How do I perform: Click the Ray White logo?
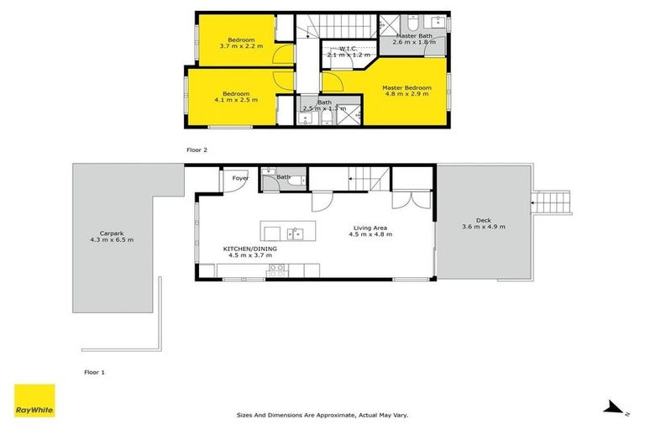pos(34,401)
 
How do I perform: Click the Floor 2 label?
pos(197,149)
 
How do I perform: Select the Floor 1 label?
pos(94,371)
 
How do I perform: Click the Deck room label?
pos(484,220)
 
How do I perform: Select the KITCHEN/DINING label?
pos(250,249)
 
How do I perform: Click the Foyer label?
pos(240,178)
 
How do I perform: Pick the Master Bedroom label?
pos(406,87)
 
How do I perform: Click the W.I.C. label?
pos(349,49)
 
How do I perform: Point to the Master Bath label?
pos(414,36)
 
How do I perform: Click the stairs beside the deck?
pos(553,201)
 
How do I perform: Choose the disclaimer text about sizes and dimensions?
pos(322,415)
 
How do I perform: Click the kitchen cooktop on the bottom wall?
pos(275,270)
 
